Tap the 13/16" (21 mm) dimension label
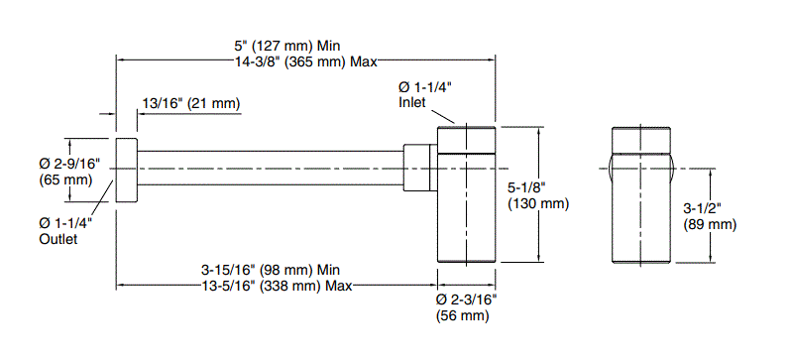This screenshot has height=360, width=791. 191,103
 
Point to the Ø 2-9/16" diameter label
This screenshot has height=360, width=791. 70,164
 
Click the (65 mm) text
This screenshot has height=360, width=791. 65,180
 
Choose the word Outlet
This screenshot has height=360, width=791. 58,239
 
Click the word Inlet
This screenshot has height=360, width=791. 412,102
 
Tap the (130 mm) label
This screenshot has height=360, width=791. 538,204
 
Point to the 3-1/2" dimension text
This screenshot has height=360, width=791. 703,208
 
